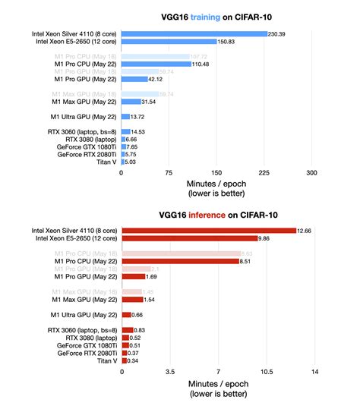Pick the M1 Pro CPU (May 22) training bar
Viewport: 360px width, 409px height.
(156, 64)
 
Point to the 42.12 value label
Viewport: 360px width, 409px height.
(156, 78)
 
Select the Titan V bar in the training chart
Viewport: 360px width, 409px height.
(123, 161)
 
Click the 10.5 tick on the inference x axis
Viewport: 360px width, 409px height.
(265, 371)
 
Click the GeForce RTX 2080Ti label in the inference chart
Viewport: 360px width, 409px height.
(87, 353)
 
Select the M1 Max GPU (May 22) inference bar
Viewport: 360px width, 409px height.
(131, 300)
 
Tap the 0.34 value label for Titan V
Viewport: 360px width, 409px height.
(134, 360)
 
